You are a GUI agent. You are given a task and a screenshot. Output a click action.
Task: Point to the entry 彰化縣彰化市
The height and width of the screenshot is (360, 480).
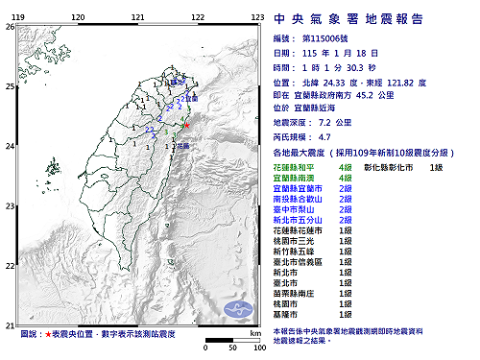tap(394, 167)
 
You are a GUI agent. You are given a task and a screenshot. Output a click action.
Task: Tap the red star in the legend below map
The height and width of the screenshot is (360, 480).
tap(48, 333)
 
